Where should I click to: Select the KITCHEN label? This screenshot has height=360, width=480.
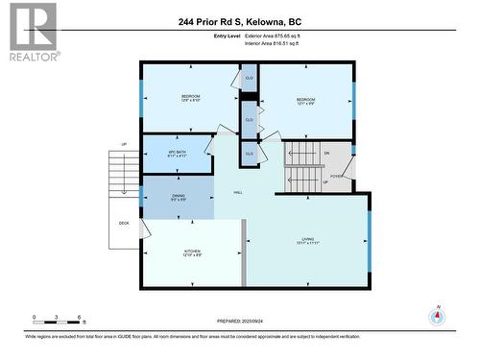point(192,252)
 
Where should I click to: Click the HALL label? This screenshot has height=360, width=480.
point(237,192)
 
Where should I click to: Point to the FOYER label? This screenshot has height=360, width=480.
point(336,176)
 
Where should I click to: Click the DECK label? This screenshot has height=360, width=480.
point(124,223)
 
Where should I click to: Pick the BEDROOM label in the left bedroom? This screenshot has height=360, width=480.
point(191,98)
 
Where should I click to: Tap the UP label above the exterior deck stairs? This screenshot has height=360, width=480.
point(124,145)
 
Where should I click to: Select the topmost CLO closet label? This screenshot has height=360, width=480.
point(249,78)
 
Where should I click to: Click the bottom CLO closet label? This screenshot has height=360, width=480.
point(249,154)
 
